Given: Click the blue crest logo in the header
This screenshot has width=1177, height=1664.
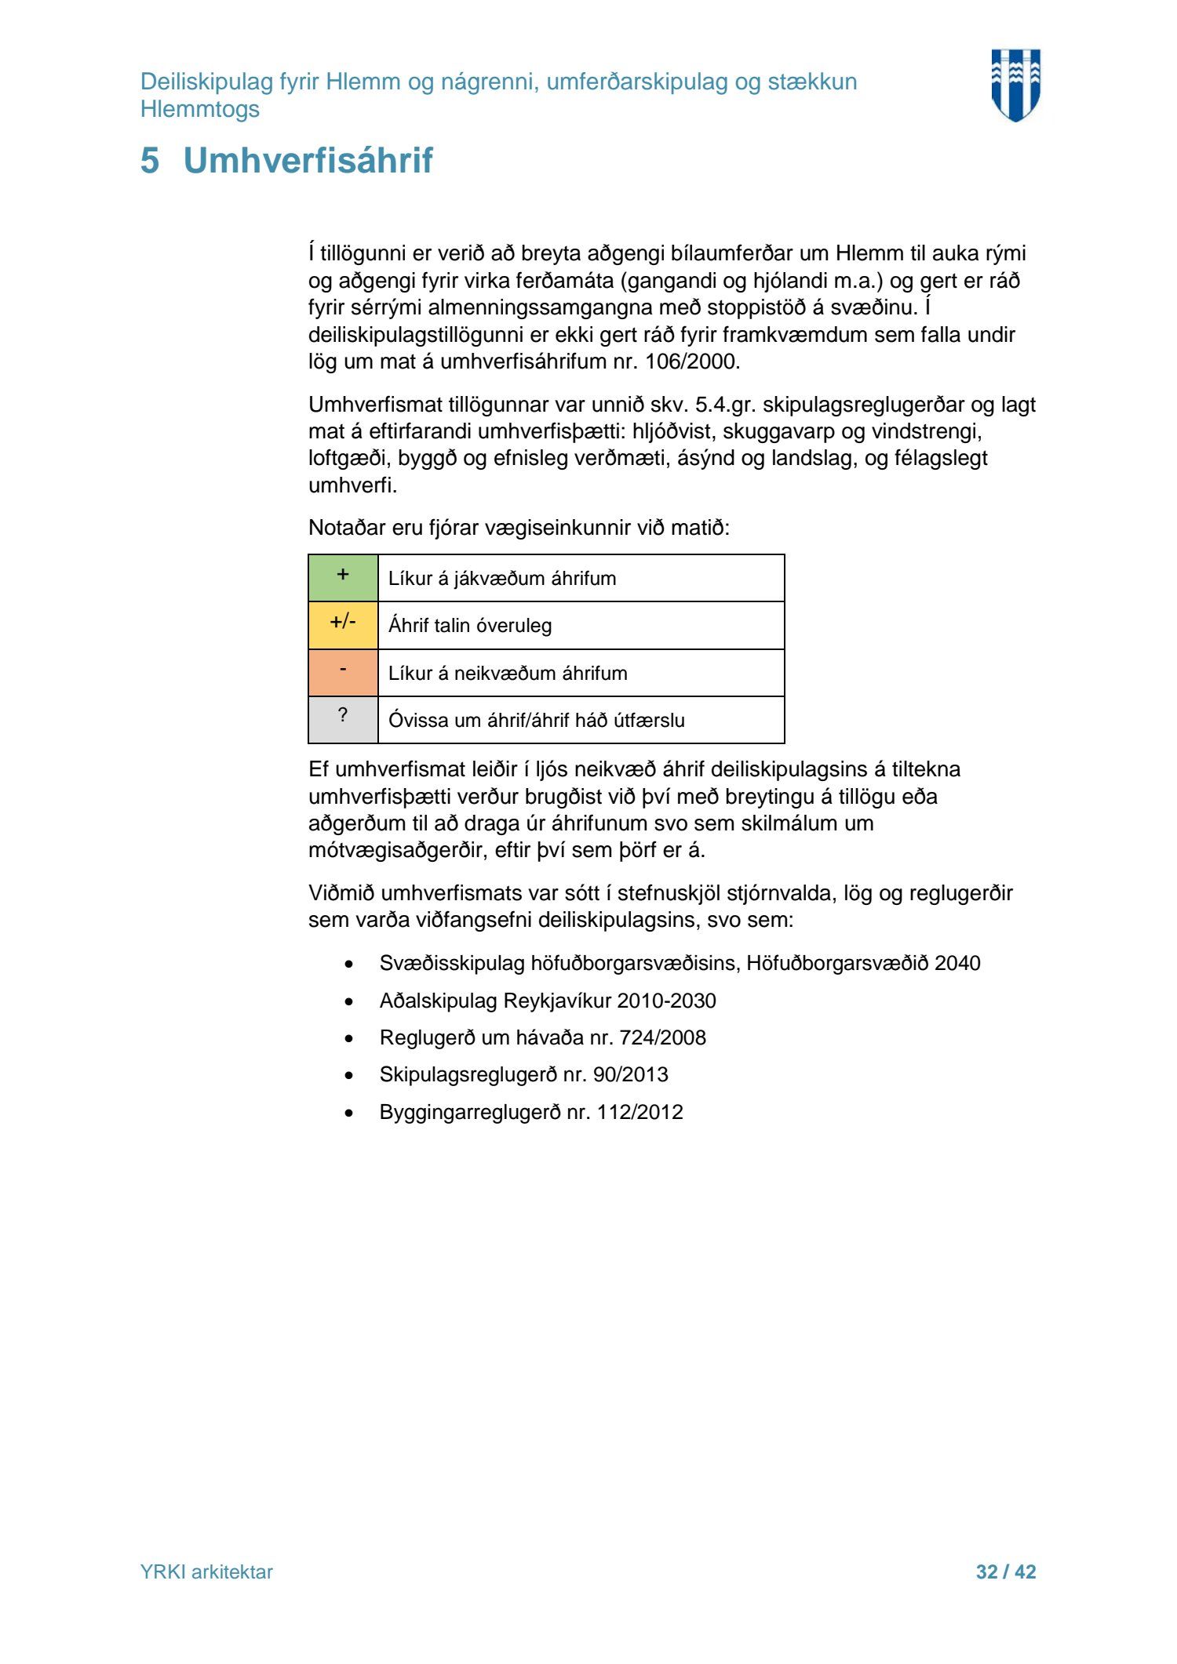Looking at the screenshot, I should point(1015,85).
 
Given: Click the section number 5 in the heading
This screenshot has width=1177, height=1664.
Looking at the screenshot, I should point(150,161).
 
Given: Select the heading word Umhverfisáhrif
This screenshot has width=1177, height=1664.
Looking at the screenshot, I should point(308,161).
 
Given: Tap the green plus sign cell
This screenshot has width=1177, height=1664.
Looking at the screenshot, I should point(343,577).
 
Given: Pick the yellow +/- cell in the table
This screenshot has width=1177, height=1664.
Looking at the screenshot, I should point(343,625).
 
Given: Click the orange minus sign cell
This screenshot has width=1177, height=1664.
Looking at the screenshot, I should point(343,672).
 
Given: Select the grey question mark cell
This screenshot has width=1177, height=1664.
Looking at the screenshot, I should point(343,719).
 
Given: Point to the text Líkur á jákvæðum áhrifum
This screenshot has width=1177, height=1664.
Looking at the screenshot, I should point(502,579).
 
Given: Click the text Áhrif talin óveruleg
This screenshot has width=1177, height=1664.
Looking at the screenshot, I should point(470,626).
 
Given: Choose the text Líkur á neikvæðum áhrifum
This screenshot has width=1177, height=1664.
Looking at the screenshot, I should point(508,674).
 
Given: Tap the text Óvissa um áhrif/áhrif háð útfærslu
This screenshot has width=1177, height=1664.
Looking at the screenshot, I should point(536,721).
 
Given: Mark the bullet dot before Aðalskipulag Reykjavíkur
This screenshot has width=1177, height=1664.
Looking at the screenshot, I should point(349,1001).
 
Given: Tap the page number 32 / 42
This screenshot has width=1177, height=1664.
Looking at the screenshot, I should point(1005,1571).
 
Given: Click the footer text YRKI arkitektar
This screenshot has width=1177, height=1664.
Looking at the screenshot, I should point(206,1571).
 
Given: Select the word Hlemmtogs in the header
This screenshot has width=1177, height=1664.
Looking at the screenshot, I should point(200,110).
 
